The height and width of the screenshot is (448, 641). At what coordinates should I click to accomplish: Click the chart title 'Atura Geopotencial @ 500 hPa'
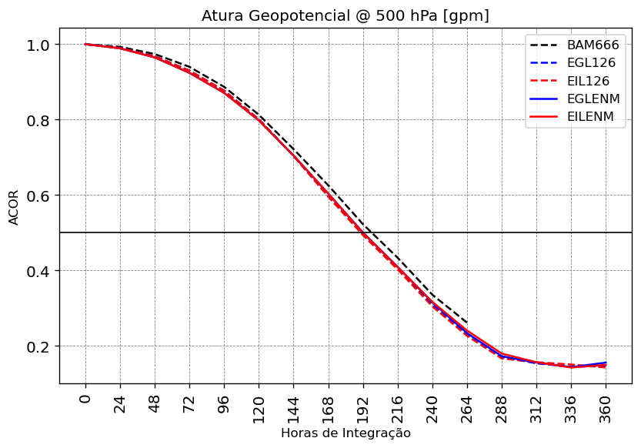(345, 15)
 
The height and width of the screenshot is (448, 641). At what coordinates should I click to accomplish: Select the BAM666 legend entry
(593, 45)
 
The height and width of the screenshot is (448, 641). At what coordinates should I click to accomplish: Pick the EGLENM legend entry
(596, 99)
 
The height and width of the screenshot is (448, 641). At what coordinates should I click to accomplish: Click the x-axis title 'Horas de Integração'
(346, 433)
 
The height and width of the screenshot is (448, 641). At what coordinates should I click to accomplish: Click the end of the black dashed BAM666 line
(467, 323)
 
